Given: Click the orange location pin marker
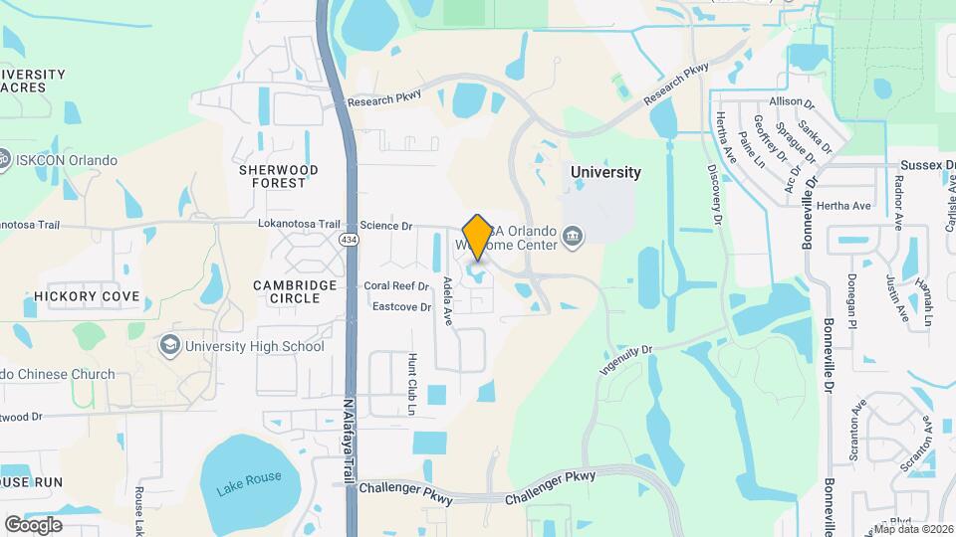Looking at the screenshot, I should [x=477, y=237].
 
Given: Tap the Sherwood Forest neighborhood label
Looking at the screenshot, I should [x=278, y=176].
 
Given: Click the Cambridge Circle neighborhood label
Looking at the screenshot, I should [x=294, y=291].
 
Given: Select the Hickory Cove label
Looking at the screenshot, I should [x=87, y=296].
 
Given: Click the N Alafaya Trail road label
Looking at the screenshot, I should [x=349, y=443].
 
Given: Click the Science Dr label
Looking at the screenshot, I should [x=385, y=226].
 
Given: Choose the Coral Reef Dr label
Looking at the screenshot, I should [x=395, y=285].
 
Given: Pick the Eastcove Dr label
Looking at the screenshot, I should [x=401, y=307].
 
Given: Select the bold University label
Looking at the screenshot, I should [x=605, y=172].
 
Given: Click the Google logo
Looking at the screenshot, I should [x=33, y=524].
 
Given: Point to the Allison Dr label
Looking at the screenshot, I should [x=792, y=101].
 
